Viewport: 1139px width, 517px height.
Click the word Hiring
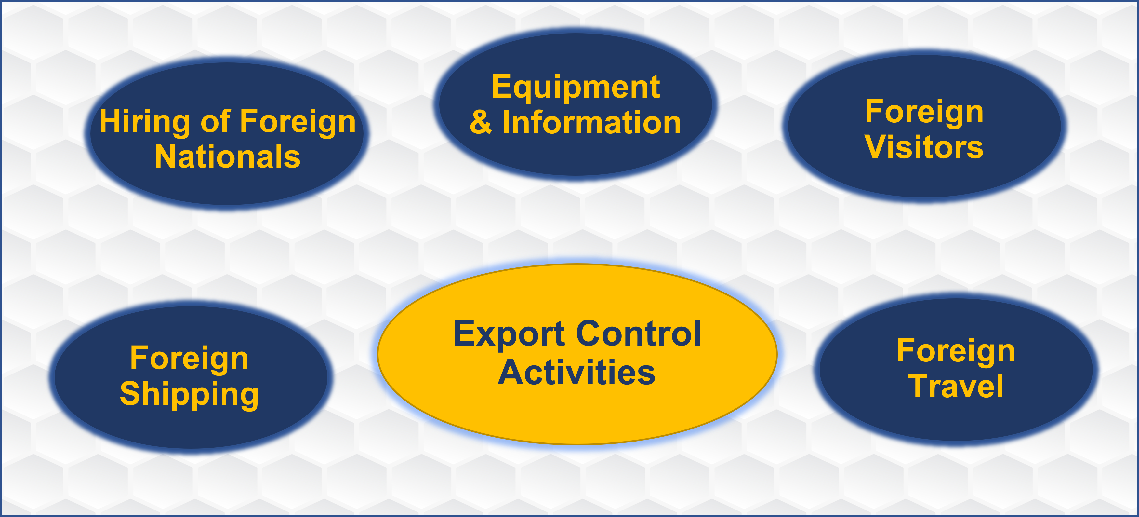pyautogui.click(x=145, y=122)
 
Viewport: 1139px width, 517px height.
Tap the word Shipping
pyautogui.click(x=189, y=394)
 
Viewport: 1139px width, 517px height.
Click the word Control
pyautogui.click(x=639, y=333)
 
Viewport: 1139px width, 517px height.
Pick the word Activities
pyautogui.click(x=576, y=373)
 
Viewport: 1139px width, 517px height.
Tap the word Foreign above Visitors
pyautogui.click(x=924, y=112)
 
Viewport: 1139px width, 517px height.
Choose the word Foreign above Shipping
pyautogui.click(x=189, y=359)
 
